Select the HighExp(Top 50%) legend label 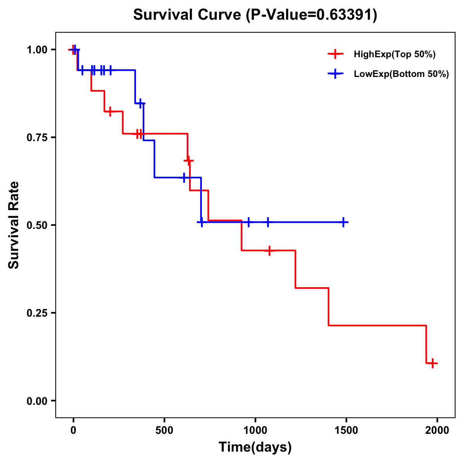point(394,55)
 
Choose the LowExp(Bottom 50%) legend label point(401,74)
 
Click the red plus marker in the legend point(335,54)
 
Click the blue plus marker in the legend point(335,74)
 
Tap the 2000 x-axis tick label point(437,430)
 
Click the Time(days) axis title point(255,447)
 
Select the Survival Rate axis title point(14,225)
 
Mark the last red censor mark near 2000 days point(433,363)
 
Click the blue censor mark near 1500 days point(343,222)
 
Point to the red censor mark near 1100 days point(269,251)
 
